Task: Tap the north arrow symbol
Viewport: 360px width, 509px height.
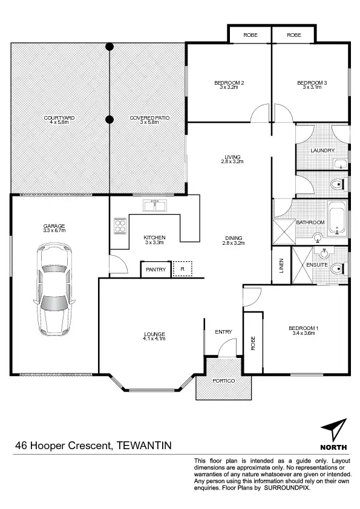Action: [335, 432]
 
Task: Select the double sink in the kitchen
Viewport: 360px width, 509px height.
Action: [154, 206]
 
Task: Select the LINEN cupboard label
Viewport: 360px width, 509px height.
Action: [281, 266]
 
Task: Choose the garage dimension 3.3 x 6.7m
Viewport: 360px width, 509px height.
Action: [54, 230]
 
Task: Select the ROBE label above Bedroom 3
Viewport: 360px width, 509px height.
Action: [294, 35]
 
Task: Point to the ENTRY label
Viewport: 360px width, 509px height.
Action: [223, 332]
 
